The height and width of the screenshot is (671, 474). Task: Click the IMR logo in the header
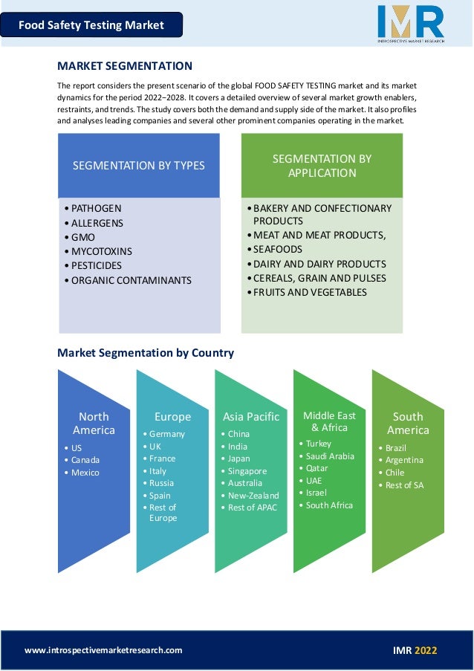(x=410, y=22)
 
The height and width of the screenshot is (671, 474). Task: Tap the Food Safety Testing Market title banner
(x=91, y=25)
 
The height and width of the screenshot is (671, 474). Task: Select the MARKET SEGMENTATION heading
(x=125, y=66)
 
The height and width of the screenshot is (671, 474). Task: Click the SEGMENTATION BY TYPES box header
(x=139, y=166)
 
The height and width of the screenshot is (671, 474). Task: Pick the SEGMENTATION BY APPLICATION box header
(x=322, y=166)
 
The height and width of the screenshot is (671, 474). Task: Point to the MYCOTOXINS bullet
(x=101, y=251)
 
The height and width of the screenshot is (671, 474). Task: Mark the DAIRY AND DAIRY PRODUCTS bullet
(x=319, y=264)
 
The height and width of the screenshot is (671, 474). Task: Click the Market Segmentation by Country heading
(x=146, y=353)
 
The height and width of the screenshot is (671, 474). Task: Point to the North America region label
(x=94, y=423)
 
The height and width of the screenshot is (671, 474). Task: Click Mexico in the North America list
(x=85, y=473)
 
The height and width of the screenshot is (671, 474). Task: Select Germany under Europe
(x=167, y=434)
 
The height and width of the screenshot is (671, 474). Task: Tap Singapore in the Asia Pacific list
(x=247, y=471)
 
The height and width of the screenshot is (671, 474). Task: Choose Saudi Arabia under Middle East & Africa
(x=330, y=456)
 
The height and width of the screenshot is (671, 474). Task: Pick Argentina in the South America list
(x=404, y=460)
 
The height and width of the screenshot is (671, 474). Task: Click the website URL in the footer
(x=103, y=650)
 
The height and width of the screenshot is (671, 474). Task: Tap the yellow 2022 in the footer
(x=426, y=650)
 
